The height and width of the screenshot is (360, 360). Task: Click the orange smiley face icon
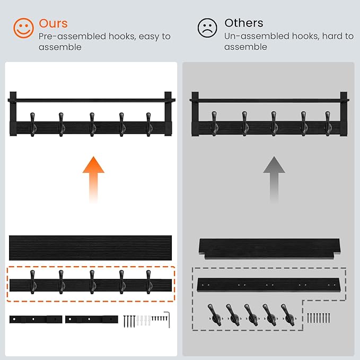(x=23, y=28)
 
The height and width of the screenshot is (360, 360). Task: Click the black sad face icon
(x=207, y=28)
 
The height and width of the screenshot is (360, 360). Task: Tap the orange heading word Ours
(x=53, y=23)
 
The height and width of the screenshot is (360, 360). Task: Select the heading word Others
(x=244, y=23)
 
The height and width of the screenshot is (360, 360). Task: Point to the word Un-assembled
(x=257, y=36)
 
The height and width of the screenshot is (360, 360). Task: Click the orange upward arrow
(x=93, y=180)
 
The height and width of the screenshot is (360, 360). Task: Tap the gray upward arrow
(x=274, y=180)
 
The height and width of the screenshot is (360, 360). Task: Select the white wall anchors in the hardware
(x=144, y=321)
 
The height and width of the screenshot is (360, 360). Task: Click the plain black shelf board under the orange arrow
(x=91, y=248)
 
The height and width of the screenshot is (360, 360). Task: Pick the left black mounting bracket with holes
(x=36, y=319)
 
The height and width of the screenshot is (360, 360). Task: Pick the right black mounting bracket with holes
(x=92, y=319)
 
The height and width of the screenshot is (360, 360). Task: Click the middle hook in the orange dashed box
(x=92, y=282)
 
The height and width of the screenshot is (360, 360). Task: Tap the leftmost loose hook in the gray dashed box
(x=214, y=315)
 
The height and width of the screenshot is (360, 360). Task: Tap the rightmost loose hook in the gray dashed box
(x=288, y=315)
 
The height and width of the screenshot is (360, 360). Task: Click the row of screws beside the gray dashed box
(x=319, y=318)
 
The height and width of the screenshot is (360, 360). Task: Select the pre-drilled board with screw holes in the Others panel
(x=269, y=285)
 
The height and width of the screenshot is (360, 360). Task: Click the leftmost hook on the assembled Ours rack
(x=32, y=125)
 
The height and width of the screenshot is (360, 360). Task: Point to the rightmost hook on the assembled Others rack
(x=328, y=124)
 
